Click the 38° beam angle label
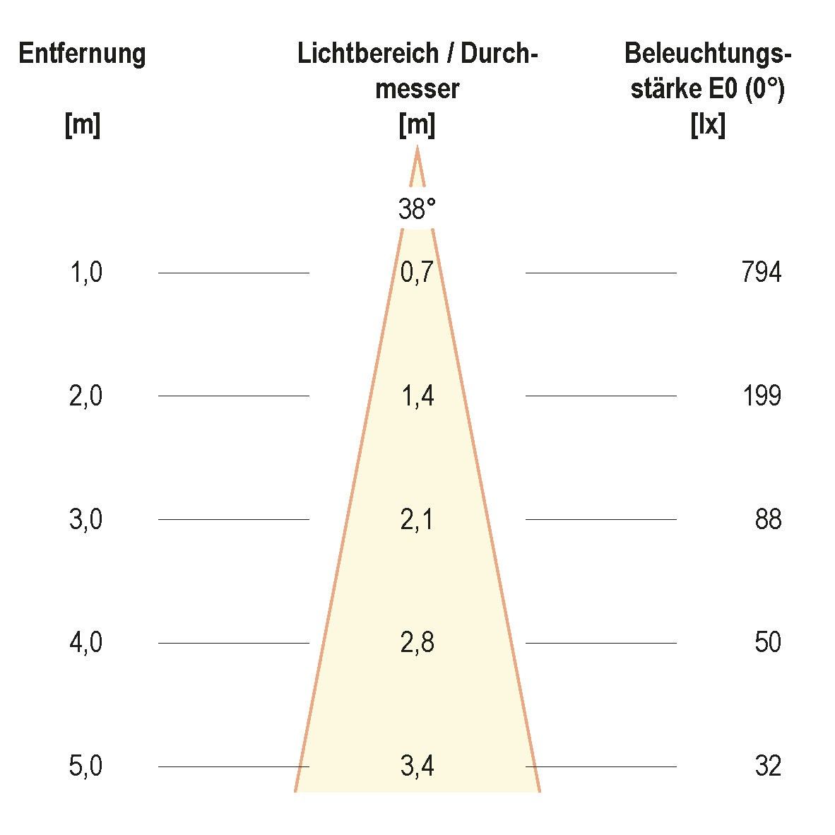(x=417, y=210)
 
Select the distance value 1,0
(x=86, y=272)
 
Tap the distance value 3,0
(x=86, y=520)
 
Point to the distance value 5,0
(x=86, y=766)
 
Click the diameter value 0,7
(x=417, y=272)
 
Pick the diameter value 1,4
(x=417, y=396)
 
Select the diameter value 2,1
(x=417, y=520)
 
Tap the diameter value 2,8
(x=417, y=643)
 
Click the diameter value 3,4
(x=417, y=766)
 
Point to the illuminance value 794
(x=762, y=272)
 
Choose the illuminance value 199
(x=762, y=396)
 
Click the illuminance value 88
(x=768, y=520)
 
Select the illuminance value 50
(x=768, y=643)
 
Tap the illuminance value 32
(x=768, y=766)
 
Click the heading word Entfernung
(x=82, y=54)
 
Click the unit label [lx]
(x=707, y=126)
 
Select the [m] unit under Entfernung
(x=82, y=126)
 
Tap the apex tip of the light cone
(x=417, y=148)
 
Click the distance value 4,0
(x=86, y=643)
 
